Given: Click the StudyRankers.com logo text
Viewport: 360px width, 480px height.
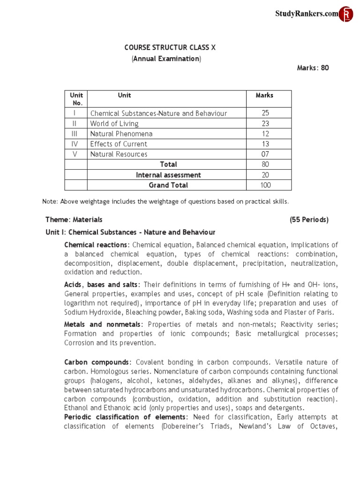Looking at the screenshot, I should (x=306, y=14).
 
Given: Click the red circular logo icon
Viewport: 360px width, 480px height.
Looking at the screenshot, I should (x=346, y=14).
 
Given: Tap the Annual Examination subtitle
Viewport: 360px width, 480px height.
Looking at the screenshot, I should (x=166, y=59).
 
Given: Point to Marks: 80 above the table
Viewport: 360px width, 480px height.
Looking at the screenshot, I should (x=313, y=68).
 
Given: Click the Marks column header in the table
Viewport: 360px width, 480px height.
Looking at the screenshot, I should (x=264, y=95).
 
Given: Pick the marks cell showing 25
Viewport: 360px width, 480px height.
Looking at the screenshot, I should (x=265, y=113).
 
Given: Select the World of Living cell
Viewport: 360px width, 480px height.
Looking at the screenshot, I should (x=114, y=124).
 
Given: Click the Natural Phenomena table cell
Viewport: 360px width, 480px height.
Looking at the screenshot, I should (x=121, y=134).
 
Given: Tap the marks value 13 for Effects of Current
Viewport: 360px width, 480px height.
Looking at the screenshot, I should (x=265, y=144).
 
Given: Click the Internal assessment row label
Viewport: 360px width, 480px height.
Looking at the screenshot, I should (x=168, y=175).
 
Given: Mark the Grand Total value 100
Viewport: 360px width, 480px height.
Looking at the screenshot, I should (x=265, y=185).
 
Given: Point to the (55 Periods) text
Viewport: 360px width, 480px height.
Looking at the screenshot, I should (x=309, y=219).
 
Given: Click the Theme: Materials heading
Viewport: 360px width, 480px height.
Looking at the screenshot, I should (x=74, y=219).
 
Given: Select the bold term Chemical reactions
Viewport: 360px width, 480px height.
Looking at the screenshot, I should (x=96, y=245).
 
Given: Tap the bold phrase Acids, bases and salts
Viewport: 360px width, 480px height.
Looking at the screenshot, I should (x=101, y=285).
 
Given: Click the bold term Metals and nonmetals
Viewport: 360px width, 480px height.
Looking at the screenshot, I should (x=102, y=324).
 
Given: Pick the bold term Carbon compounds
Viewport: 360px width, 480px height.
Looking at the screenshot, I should (x=97, y=362).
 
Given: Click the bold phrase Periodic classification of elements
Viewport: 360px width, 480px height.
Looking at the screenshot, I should (x=125, y=417).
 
